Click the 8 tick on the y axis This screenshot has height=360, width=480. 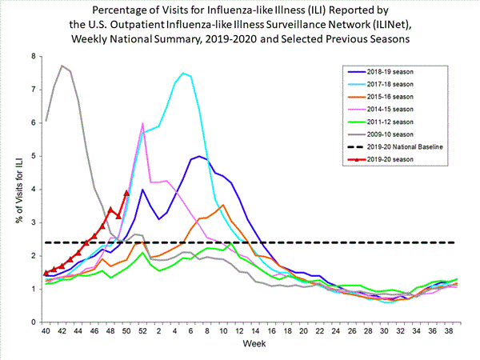(x=34, y=56)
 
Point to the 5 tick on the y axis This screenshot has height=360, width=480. (x=34, y=156)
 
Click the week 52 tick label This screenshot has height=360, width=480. (x=142, y=330)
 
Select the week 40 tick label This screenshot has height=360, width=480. (x=46, y=330)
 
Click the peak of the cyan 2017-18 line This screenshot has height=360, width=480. (x=183, y=73)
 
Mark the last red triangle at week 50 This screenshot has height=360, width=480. (x=126, y=193)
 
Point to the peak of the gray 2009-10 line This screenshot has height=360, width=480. (x=62, y=66)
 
